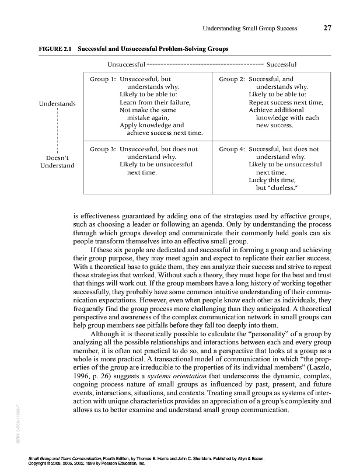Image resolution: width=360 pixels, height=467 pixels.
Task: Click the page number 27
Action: coord(328,28)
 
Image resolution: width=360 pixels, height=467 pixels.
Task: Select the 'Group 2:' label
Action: coord(232,78)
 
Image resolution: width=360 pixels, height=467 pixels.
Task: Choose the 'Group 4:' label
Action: coord(232,149)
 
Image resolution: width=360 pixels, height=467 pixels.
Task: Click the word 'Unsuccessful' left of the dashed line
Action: coord(127,64)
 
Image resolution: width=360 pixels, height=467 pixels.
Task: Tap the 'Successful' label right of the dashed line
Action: coord(282,64)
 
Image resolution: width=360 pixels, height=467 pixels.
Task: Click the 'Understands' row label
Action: coord(57,103)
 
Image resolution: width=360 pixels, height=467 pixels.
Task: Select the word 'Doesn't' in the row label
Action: coord(57,158)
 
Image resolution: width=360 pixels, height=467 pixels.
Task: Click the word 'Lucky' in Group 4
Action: coord(258,181)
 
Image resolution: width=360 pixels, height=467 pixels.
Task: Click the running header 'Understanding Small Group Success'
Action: coord(250,28)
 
